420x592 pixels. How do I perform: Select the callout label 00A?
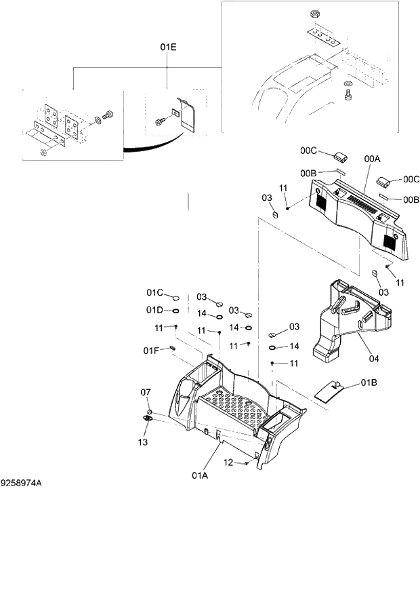[372, 158]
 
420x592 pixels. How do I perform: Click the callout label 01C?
[154, 293]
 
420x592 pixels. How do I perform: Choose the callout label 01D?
[154, 311]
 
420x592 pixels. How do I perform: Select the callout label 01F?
[150, 350]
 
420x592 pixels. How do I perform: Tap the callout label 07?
[146, 393]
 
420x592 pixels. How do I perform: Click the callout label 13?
[143, 443]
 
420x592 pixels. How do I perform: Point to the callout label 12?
[229, 462]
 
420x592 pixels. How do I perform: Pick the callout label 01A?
[199, 475]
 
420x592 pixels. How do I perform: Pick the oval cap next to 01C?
[175, 297]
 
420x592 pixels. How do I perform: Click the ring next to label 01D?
[175, 311]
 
